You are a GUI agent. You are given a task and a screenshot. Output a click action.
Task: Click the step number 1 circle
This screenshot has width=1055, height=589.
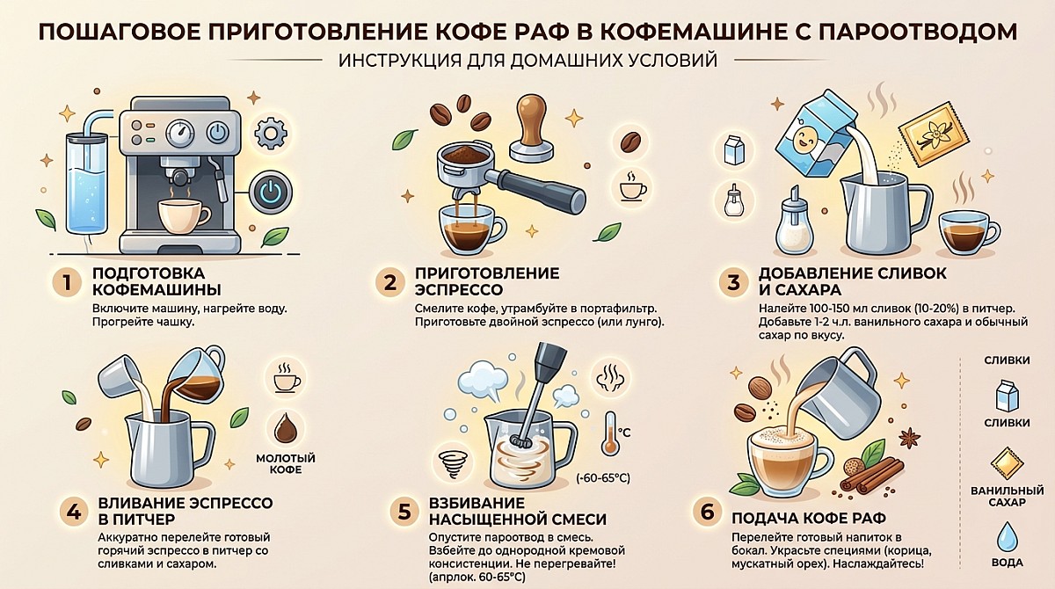(67, 282)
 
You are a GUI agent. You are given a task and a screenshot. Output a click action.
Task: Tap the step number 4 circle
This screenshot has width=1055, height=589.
(74, 512)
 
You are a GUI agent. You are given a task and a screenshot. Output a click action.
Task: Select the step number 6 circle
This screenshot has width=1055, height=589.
(708, 513)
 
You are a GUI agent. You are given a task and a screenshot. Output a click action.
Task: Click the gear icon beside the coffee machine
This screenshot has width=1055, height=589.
(271, 134)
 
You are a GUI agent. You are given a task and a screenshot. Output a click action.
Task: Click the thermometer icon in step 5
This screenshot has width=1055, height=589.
(610, 433)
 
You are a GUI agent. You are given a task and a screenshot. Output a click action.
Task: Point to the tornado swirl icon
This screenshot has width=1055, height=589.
(453, 464)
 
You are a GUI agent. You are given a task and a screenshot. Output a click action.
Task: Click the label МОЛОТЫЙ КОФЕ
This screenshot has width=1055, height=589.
(286, 464)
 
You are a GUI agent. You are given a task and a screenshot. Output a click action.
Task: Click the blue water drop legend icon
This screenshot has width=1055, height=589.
(1008, 536)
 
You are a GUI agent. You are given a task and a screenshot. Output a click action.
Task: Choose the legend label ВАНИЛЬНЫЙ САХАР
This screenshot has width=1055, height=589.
(1007, 497)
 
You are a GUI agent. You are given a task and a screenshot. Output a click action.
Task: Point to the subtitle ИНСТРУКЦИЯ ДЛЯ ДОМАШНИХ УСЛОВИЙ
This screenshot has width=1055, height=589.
(527, 61)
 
